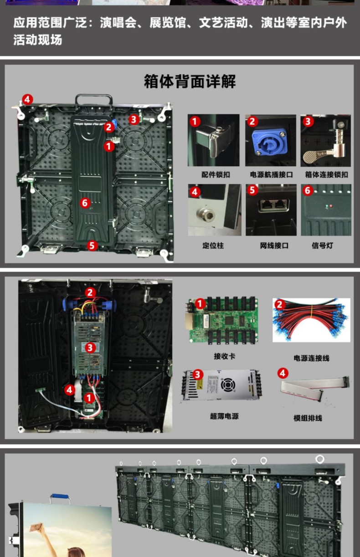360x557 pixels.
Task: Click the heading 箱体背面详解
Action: point(190,81)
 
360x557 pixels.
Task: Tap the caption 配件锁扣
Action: point(216,174)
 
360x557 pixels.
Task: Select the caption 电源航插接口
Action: point(272,174)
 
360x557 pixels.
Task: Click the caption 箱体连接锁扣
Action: point(326,174)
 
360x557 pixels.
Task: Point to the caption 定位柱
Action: point(213,245)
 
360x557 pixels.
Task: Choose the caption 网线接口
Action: point(274,245)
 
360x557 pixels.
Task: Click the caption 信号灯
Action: point(323,245)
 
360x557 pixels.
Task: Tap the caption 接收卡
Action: point(224,356)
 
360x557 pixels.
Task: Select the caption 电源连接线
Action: point(312,358)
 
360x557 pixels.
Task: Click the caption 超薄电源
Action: point(224,416)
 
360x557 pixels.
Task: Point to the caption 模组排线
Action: point(308,418)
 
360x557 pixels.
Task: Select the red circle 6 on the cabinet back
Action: point(85,203)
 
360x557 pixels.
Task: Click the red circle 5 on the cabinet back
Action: point(92,245)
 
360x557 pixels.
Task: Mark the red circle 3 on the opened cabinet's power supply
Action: point(90,347)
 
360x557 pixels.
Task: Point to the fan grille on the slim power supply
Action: point(228,385)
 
